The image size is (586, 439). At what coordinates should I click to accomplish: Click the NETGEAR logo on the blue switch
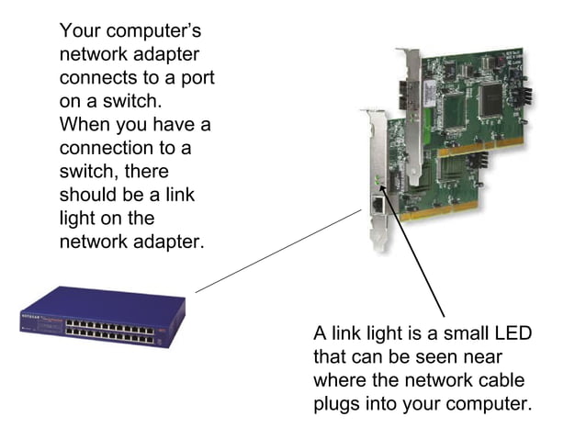pyautogui.click(x=31, y=315)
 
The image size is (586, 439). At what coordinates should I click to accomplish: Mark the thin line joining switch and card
pyautogui.click(x=276, y=251)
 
